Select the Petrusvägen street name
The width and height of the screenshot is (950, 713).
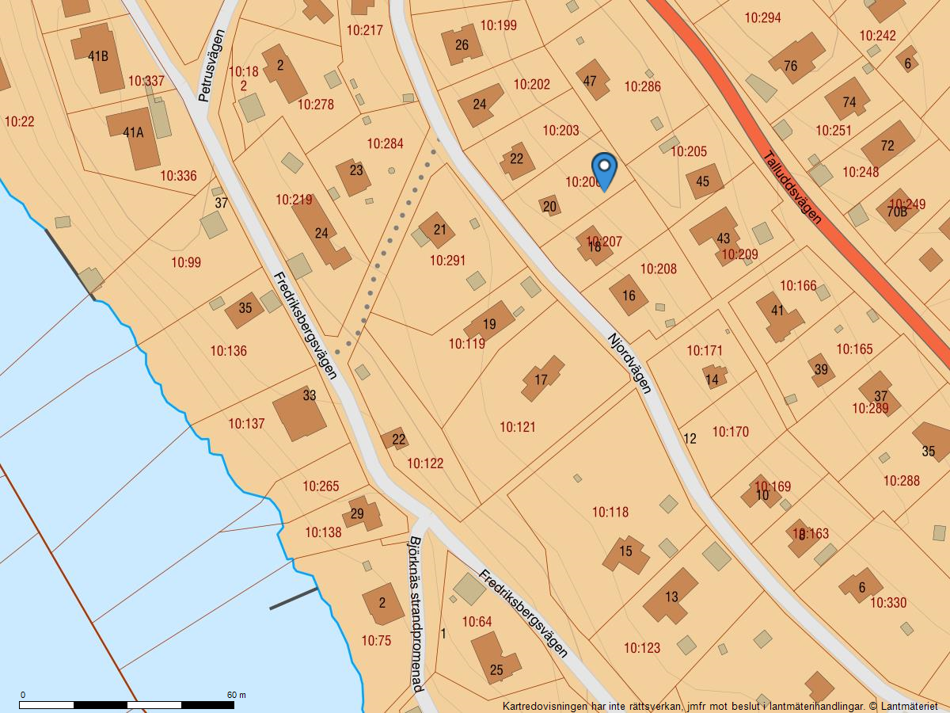tap(211, 65)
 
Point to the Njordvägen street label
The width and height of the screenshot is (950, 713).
tap(630, 362)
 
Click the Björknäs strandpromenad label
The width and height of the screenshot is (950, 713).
tap(415, 615)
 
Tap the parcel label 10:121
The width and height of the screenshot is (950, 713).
tap(518, 427)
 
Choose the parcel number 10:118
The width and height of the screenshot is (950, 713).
tap(610, 512)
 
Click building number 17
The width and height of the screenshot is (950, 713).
tap(541, 379)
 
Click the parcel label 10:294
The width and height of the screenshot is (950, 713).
tap(763, 17)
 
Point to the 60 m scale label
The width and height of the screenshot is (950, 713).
tap(237, 695)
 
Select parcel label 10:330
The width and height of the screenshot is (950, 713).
tap(888, 603)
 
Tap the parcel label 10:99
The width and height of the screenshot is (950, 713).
tap(186, 262)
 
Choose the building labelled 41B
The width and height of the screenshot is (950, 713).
tap(98, 55)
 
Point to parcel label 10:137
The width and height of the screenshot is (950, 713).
tap(247, 424)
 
